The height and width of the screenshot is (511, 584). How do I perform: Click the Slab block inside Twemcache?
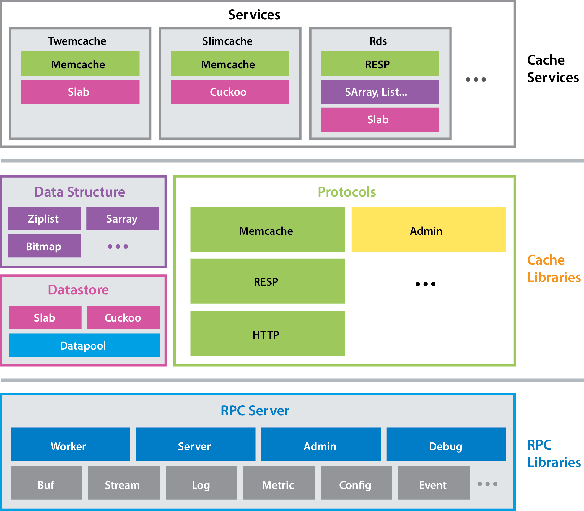pyautogui.click(x=80, y=92)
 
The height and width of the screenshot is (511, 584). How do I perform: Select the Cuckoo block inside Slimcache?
pyautogui.click(x=230, y=92)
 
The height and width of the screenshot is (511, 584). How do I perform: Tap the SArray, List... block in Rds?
pyautogui.click(x=380, y=92)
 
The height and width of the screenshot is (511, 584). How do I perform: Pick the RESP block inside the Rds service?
pyautogui.click(x=380, y=64)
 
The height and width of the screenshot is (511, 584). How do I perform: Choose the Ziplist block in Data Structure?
pyautogui.click(x=44, y=218)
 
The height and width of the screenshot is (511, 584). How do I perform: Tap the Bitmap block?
pyautogui.click(x=44, y=246)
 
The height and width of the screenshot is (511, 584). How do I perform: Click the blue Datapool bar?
pyautogui.click(x=84, y=345)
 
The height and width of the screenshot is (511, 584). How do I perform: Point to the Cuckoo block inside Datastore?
pyautogui.click(x=124, y=318)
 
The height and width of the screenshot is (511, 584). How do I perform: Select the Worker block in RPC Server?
pyautogui.click(x=70, y=444)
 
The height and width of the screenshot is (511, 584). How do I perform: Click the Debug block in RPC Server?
pyautogui.click(x=446, y=444)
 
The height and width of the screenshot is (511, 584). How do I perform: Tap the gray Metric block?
pyautogui.click(x=279, y=483)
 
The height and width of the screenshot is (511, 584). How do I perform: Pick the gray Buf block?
pyautogui.click(x=46, y=483)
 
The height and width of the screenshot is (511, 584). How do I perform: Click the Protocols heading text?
pyautogui.click(x=347, y=192)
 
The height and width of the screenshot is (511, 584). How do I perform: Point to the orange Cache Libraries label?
pyautogui.click(x=554, y=268)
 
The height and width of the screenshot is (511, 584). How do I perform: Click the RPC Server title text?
pyautogui.click(x=255, y=411)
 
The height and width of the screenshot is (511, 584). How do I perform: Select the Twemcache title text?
pyautogui.click(x=77, y=41)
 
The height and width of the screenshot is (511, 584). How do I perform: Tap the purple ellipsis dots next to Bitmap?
pyautogui.click(x=118, y=246)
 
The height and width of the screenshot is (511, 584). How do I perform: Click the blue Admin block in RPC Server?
pyautogui.click(x=321, y=444)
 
